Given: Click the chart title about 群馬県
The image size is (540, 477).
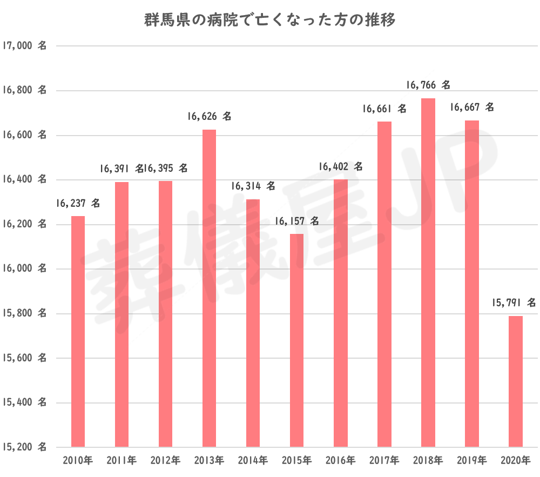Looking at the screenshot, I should (270, 21).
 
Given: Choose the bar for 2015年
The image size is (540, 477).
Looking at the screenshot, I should (296, 340).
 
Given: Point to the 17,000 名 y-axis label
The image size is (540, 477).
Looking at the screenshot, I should (24, 46).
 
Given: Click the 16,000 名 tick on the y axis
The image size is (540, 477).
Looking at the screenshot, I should (24, 269).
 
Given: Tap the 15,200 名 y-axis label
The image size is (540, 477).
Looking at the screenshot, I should (24, 447).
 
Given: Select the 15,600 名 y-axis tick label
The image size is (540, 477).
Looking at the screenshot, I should (24, 358).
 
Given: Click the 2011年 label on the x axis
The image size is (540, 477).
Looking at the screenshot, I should (122, 461).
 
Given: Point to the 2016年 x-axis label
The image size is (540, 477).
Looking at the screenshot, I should (340, 461).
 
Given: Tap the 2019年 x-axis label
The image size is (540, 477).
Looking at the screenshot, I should (471, 461).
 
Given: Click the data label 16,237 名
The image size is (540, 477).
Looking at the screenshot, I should (78, 204).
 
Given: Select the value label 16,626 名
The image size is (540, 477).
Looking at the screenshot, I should (209, 116).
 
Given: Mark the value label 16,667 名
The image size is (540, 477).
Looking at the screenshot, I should (471, 108).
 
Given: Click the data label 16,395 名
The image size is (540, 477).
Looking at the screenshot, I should (166, 169).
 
